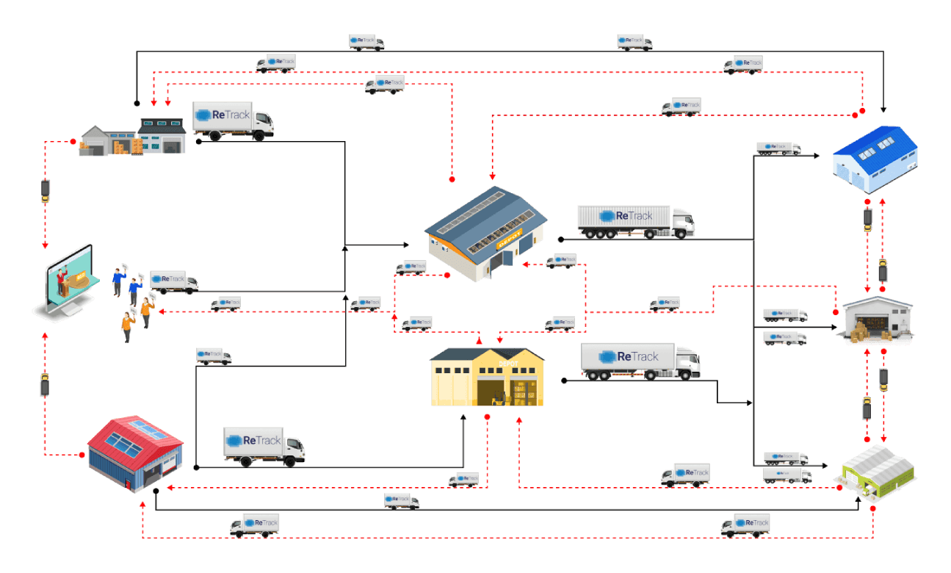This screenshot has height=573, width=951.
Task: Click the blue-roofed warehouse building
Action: (x=875, y=158)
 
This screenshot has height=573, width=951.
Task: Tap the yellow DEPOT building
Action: (x=487, y=377)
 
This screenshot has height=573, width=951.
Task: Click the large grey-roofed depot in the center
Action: (x=485, y=231)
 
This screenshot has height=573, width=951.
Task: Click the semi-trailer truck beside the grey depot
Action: (x=635, y=221)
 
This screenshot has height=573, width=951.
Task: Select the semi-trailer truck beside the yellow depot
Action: (x=640, y=361)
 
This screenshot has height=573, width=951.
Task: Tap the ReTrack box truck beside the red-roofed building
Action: (x=264, y=446)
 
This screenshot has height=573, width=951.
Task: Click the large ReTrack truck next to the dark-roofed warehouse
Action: (x=233, y=120)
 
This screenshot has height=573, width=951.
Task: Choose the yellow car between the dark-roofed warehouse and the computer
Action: (x=46, y=190)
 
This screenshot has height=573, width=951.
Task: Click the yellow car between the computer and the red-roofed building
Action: (x=45, y=385)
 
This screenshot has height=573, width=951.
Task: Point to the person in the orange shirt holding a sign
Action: (x=128, y=325)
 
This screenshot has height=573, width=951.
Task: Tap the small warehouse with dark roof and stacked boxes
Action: (x=134, y=138)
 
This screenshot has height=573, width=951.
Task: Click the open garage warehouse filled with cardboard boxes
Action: (x=877, y=321)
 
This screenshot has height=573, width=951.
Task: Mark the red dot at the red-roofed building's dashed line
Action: (x=82, y=455)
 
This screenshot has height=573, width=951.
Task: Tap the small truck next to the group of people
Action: (x=174, y=281)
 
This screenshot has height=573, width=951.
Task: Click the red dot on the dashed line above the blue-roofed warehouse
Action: (x=863, y=111)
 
